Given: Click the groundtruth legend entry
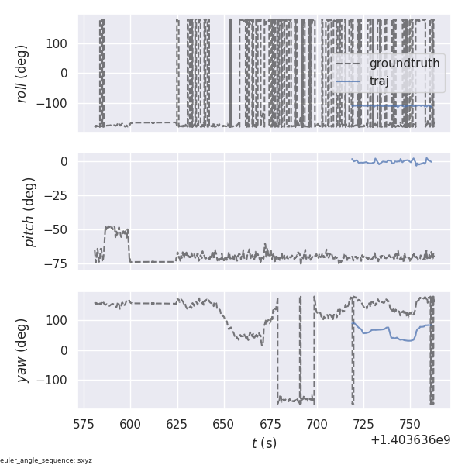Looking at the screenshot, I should (404, 63).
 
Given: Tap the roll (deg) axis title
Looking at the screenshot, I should (22, 74).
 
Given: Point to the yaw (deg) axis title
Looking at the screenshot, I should (22, 350).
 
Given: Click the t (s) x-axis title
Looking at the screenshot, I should (263, 443).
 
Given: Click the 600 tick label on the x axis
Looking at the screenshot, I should (130, 424).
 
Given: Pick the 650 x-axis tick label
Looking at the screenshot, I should (223, 424).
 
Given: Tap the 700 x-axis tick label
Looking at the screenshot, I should (316, 424).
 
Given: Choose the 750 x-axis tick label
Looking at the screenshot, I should (409, 424).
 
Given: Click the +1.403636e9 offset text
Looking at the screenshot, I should (410, 440).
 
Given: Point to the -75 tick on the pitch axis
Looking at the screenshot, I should (61, 263).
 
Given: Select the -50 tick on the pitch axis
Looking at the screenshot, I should (61, 229).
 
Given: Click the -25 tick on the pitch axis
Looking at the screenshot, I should (61, 195).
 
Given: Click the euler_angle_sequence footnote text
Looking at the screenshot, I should (46, 460).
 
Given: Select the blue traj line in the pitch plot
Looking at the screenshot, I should (387, 162).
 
